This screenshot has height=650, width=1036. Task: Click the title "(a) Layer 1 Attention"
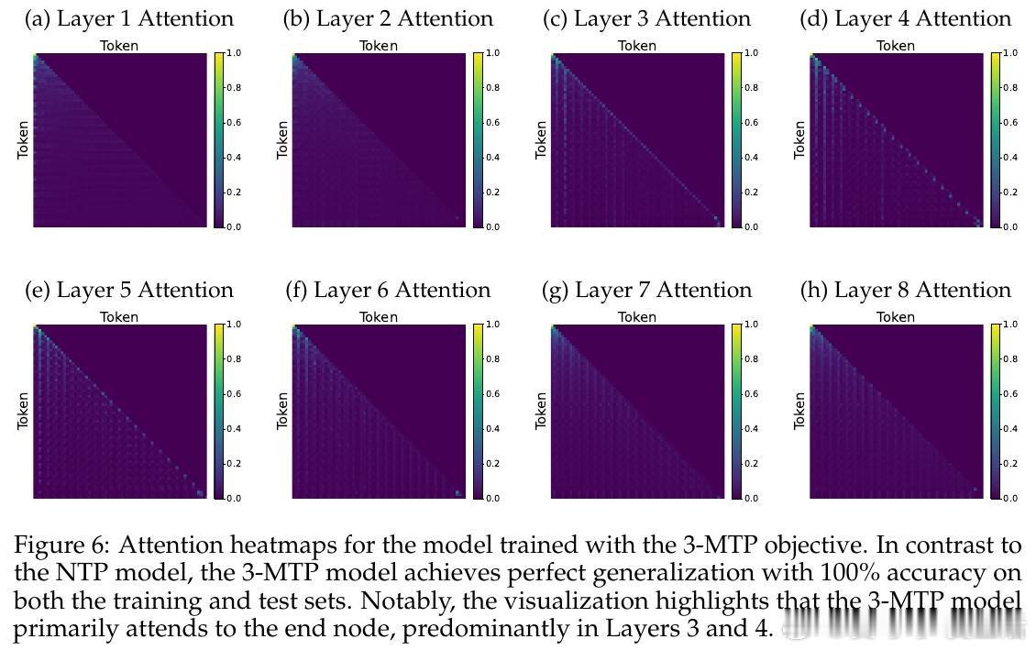[129, 18]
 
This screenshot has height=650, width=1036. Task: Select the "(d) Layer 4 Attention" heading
[905, 18]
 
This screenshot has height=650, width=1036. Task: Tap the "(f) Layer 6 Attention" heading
[388, 290]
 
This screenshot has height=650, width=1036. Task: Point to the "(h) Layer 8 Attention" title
[905, 290]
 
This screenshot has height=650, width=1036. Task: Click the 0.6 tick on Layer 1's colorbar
[235, 123]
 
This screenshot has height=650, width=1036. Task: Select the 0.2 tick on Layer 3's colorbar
[752, 193]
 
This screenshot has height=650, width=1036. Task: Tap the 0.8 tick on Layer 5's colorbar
[235, 359]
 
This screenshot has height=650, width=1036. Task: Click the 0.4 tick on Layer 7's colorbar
[752, 429]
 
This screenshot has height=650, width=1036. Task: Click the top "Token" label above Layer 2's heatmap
[379, 46]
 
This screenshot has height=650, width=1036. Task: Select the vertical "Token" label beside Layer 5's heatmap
[23, 411]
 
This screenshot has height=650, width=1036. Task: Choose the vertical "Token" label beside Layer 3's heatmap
[541, 139]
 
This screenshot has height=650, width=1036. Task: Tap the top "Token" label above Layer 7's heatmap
[637, 317]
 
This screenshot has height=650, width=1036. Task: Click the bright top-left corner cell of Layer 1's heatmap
[35, 56]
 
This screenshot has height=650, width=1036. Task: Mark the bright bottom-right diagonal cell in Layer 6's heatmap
[458, 493]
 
